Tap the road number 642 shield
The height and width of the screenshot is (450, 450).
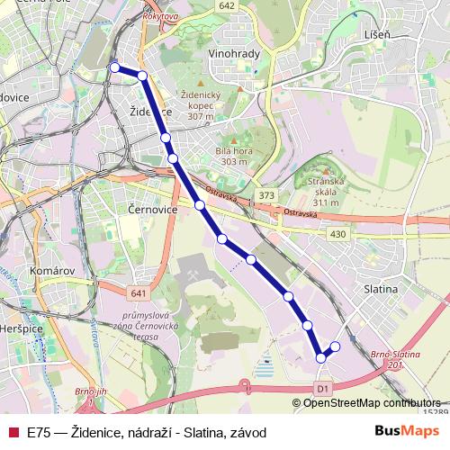coord(226,5)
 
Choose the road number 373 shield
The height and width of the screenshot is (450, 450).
coord(265,195)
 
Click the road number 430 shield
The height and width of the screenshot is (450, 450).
coord(337,235)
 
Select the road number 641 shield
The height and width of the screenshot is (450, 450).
coord(138,293)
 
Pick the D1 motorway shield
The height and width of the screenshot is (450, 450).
coord(325,387)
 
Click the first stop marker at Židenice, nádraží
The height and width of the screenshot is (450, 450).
coord(114,67)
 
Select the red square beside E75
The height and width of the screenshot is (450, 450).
coord(13,432)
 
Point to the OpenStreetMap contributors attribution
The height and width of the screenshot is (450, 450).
coord(372,403)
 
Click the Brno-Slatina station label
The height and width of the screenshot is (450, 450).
coord(396,357)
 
